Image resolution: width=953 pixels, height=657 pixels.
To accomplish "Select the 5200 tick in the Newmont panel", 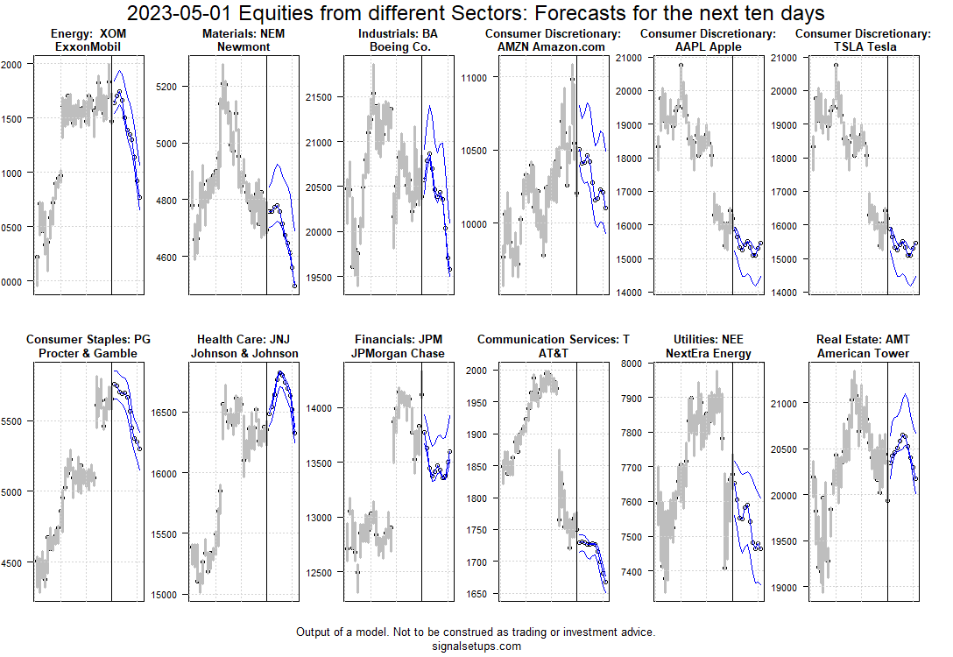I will (166, 87).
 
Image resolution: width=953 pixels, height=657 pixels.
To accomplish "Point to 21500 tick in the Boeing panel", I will (320, 97).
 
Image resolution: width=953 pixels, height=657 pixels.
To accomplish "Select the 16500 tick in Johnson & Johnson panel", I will (166, 412).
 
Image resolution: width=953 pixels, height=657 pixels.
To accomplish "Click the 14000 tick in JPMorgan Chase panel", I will (320, 407).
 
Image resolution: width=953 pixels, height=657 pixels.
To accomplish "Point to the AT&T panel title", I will (553, 346).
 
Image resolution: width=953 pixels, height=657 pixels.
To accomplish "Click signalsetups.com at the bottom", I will (476, 646).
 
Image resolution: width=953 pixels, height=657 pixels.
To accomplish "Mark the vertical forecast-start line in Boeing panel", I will (421, 175).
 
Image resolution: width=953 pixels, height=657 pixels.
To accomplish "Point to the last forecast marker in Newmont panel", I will (295, 286).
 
